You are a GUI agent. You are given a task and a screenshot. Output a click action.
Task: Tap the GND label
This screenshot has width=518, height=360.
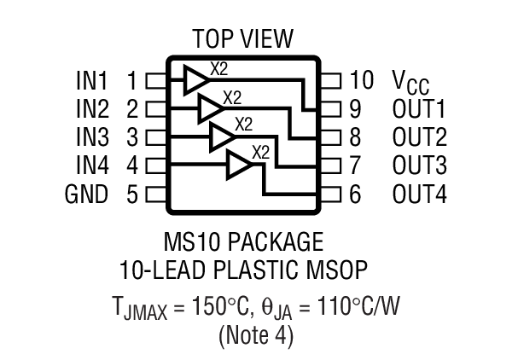click(87, 195)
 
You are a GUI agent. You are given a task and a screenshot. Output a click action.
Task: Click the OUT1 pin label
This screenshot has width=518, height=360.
click(419, 110)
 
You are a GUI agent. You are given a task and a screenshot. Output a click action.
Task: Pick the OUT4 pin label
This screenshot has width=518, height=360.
click(419, 195)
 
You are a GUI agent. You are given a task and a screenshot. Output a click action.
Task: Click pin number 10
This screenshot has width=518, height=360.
click(362, 82)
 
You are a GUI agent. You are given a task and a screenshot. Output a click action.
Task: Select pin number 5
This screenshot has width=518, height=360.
click(132, 195)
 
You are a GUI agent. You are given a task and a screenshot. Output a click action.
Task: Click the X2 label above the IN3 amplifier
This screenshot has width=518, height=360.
click(243, 124)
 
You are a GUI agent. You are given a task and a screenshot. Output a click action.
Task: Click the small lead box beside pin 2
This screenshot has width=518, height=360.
click(155, 110)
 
